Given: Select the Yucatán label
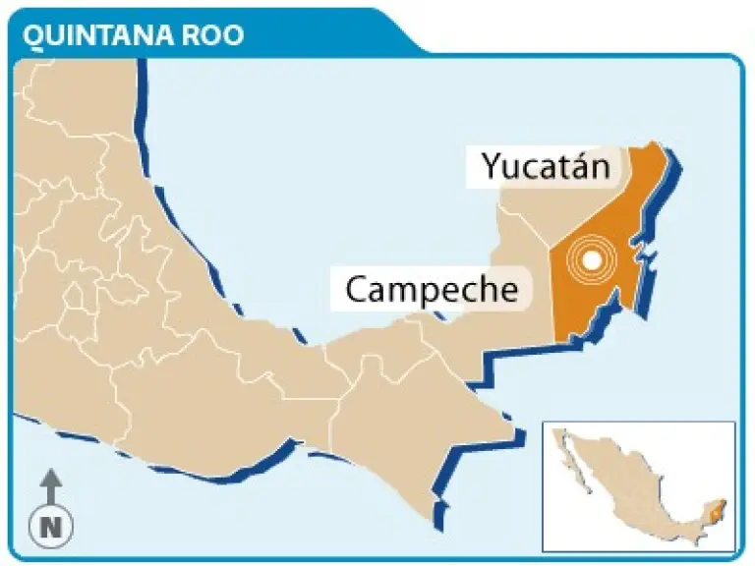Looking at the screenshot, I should (x=546, y=167).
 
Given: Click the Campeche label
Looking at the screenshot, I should (x=432, y=290).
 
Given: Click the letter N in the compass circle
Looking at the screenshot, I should (x=51, y=528).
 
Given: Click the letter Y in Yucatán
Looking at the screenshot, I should (x=492, y=167).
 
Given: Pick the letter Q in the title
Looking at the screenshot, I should (x=33, y=34).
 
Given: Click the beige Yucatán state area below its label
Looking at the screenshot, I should (x=536, y=211).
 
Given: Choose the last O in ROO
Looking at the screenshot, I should (x=233, y=34).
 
